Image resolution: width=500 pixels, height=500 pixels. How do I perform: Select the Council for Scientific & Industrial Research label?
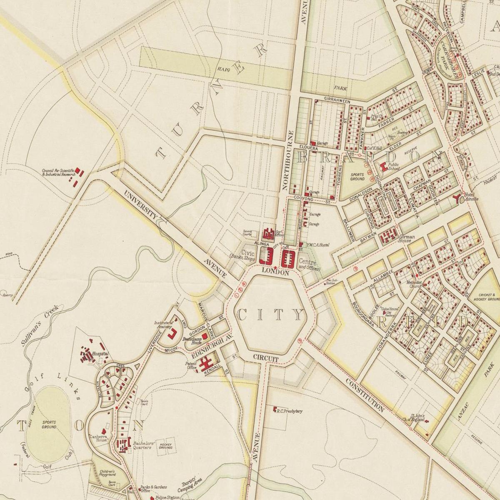(x=58, y=172)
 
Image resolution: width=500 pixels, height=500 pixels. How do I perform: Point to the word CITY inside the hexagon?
(x=270, y=315)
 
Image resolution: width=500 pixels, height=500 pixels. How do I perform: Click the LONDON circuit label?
(x=275, y=272)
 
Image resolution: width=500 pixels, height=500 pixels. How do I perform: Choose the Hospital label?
(x=103, y=353)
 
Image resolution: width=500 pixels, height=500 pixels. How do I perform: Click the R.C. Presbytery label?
(x=289, y=411)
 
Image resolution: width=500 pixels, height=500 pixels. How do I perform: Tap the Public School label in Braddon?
(x=394, y=167)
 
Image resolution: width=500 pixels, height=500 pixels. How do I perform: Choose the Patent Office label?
(x=191, y=365)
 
